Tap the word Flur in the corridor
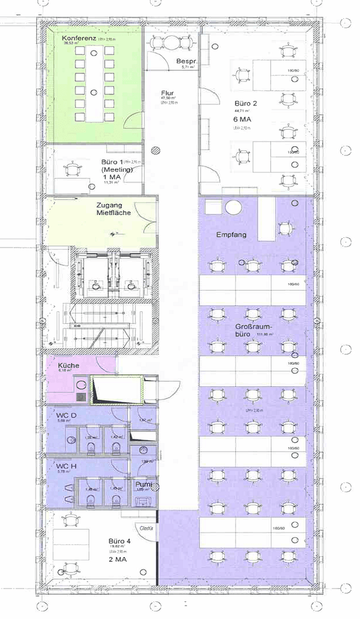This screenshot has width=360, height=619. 167,92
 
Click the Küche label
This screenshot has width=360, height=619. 68,365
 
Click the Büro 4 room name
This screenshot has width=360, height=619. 120,540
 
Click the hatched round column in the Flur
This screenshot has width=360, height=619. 155,151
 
